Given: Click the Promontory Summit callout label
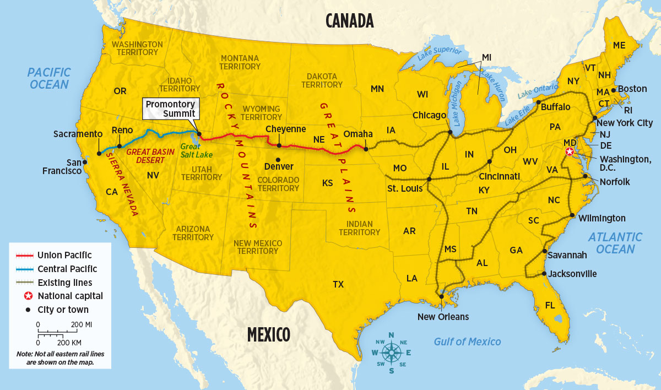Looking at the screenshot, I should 170,109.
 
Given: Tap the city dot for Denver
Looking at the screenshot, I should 277,159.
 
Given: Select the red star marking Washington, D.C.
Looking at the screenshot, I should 571,151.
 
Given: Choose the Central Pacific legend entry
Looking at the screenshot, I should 67,269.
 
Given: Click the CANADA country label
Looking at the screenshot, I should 349,20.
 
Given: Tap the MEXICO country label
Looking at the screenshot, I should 268,334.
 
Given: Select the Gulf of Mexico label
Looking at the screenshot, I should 467,342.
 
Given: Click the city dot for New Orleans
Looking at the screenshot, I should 441,296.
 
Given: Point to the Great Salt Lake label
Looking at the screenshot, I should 196,150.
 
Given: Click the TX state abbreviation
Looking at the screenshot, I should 338,284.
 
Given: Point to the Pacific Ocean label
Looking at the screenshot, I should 49,78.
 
